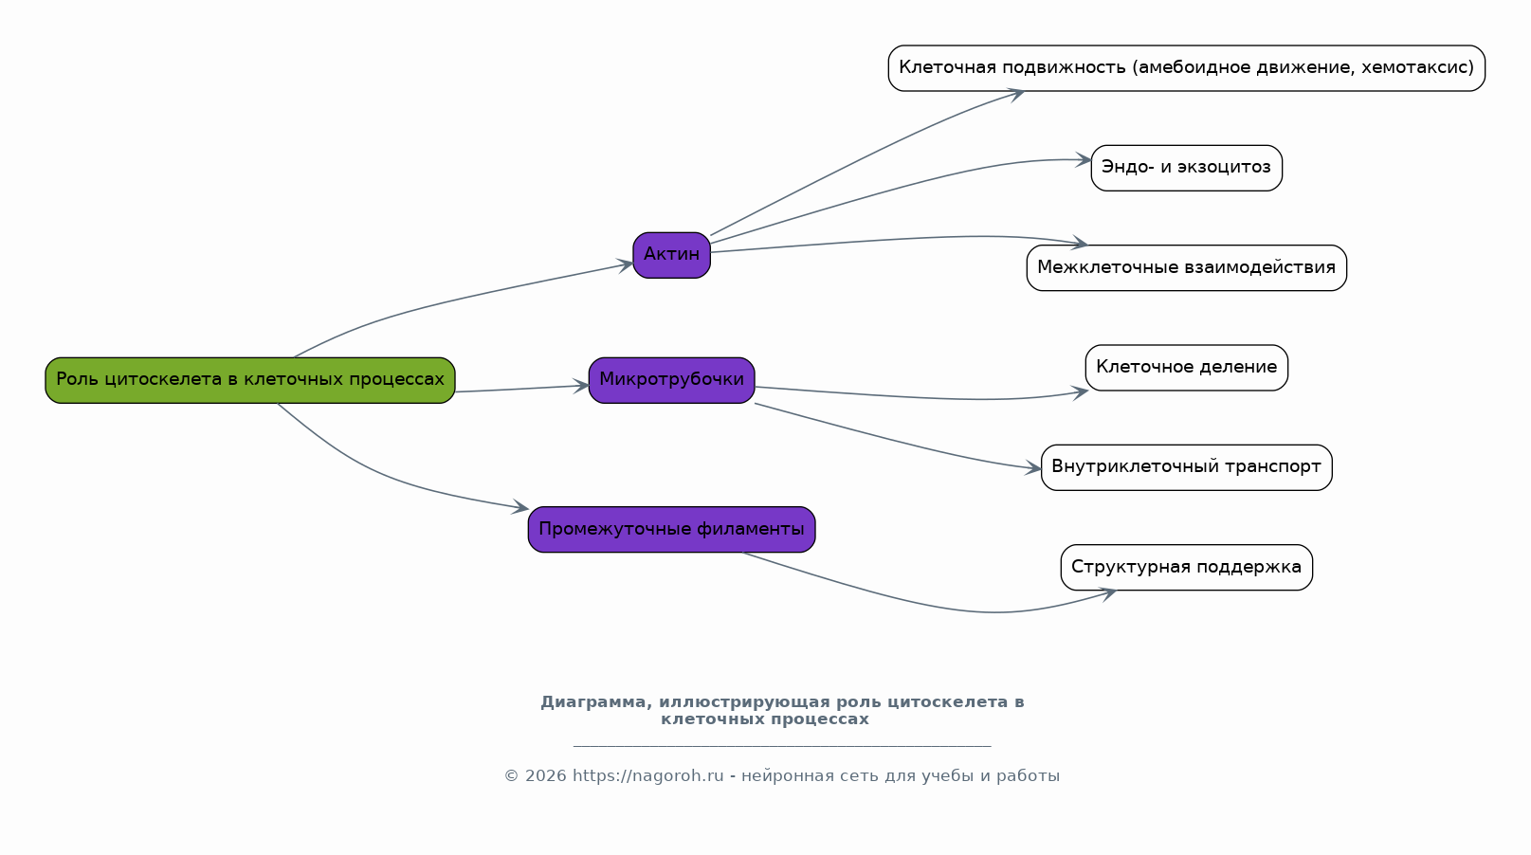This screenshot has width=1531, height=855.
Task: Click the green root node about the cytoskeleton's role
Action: pos(250,380)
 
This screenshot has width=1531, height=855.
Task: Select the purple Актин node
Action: pos(671,255)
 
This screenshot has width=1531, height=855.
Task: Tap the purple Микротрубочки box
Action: pos(671,380)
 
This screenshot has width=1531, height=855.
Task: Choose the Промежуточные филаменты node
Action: pos(671,530)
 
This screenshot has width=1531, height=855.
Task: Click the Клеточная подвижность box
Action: pos(1187,68)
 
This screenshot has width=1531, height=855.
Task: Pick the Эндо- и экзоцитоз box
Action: pos(1187,168)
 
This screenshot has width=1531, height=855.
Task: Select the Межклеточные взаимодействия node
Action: pos(1187,268)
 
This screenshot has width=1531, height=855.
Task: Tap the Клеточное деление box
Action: pos(1187,368)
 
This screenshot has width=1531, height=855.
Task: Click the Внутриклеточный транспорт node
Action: pos(1187,467)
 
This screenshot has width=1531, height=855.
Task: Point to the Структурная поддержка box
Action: pos(1187,567)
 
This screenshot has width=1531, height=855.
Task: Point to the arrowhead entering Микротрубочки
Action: pos(581,386)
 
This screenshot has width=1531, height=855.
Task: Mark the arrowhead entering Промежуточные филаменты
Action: pos(520,507)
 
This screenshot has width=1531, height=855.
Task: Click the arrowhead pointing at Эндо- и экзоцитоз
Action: pos(1084,160)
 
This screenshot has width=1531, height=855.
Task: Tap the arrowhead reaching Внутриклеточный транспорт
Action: pos(1032,468)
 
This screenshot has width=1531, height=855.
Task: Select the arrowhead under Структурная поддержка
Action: pos(1107,594)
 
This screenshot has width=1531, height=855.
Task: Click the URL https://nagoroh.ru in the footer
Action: pos(647,775)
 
